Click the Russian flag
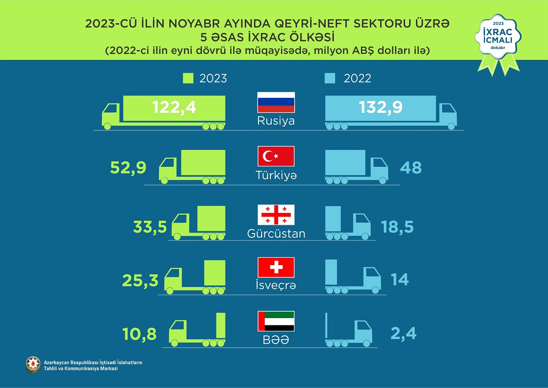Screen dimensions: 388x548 [276, 102]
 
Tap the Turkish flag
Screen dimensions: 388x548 [276, 156]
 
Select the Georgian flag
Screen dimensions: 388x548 [276, 215]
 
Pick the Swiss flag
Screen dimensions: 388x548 [276, 267]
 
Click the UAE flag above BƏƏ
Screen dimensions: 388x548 [276, 321]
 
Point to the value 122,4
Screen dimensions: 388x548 [174, 108]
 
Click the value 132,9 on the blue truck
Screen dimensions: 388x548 [381, 108]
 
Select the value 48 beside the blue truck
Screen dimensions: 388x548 [411, 168]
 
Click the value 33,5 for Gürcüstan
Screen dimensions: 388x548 [150, 226]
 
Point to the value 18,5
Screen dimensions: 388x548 [397, 226]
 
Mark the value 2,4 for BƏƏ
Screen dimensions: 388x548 [404, 334]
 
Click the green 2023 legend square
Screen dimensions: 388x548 [188, 78]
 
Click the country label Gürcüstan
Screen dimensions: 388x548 [276, 234]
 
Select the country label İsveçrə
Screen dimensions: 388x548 [276, 285]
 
